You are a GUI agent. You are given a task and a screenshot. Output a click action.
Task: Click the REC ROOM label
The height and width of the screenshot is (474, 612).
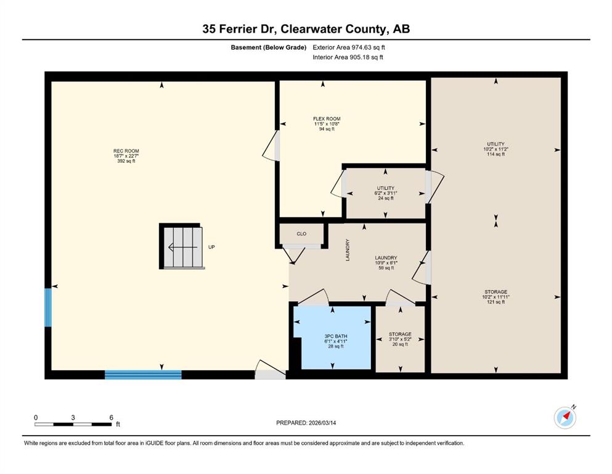[x=126, y=151]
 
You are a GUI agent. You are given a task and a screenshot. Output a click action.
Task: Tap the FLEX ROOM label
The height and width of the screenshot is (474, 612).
[x=327, y=118]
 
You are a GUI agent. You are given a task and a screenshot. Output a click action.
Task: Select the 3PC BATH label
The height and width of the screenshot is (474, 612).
[x=336, y=336]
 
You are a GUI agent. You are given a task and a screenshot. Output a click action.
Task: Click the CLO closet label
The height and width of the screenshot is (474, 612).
[x=302, y=234]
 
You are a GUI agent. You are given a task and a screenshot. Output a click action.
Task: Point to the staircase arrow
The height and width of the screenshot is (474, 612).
[x=182, y=247]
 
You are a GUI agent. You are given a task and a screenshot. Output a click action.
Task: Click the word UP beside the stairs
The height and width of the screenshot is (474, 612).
[x=211, y=247]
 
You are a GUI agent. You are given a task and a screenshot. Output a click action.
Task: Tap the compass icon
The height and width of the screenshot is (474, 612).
[x=565, y=417]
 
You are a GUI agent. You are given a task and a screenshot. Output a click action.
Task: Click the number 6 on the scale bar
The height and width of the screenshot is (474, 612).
[x=111, y=417]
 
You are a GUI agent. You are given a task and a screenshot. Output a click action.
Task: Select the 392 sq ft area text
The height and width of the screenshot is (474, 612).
[x=126, y=161]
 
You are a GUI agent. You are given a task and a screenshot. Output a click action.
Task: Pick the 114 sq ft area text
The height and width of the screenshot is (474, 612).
[x=496, y=154]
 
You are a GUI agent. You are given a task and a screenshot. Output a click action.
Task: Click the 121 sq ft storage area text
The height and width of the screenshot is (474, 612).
[x=496, y=302]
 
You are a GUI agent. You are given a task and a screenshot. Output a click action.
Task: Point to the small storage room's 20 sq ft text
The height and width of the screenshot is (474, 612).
[x=400, y=344]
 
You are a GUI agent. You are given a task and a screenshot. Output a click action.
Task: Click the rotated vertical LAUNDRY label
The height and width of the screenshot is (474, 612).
[x=348, y=250]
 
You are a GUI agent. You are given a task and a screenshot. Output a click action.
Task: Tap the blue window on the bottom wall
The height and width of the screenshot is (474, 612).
[x=143, y=375]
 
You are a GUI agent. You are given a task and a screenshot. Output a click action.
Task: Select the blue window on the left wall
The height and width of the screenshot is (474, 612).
[x=48, y=307]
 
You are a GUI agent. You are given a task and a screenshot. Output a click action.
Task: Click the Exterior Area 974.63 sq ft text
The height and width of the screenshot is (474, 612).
[x=349, y=48]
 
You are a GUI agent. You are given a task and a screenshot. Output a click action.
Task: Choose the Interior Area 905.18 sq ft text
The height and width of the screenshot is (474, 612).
[x=348, y=57]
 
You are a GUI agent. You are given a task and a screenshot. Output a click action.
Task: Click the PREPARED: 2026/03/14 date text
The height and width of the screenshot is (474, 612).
[x=306, y=423]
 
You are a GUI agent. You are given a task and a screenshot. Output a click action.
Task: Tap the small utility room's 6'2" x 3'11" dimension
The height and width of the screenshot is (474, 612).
[x=386, y=193]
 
